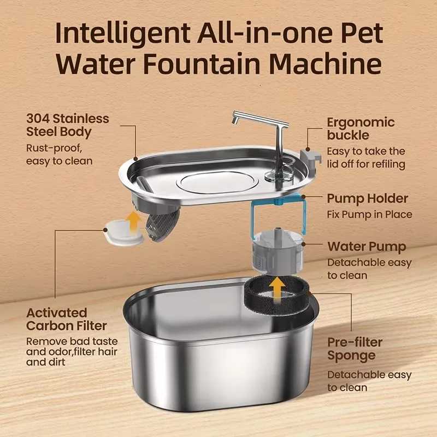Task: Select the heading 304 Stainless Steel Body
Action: pos(68,125)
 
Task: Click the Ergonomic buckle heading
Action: pos(361,128)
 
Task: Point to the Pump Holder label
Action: pos(367,198)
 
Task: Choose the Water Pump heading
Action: pos(366,247)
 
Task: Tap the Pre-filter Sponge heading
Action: pos(355,349)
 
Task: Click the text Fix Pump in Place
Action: pos(369,215)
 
